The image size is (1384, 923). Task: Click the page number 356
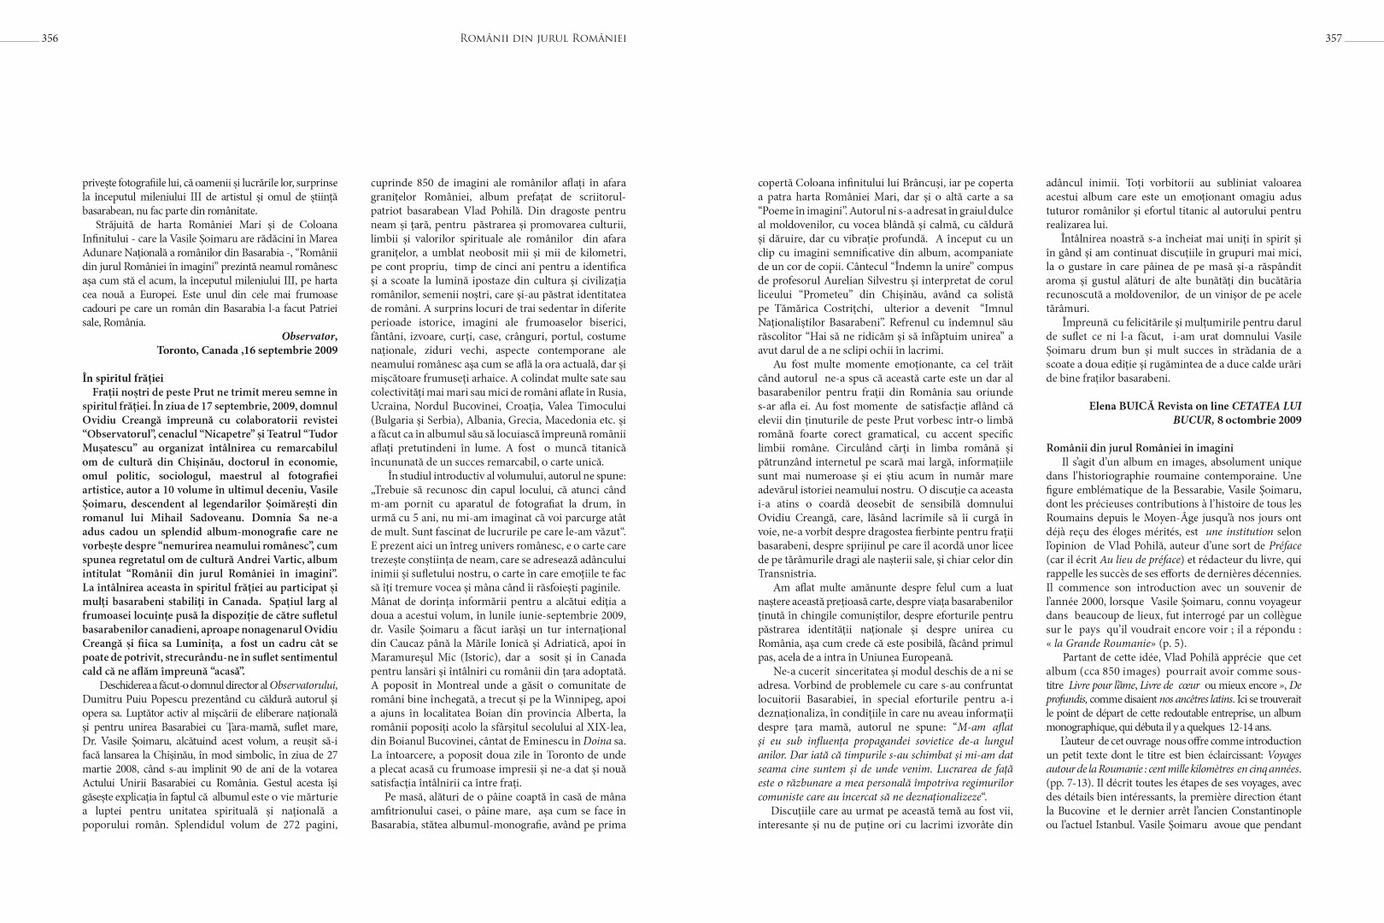coord(50,38)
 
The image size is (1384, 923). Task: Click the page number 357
coord(1334,38)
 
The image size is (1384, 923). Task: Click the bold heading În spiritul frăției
coord(123,378)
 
